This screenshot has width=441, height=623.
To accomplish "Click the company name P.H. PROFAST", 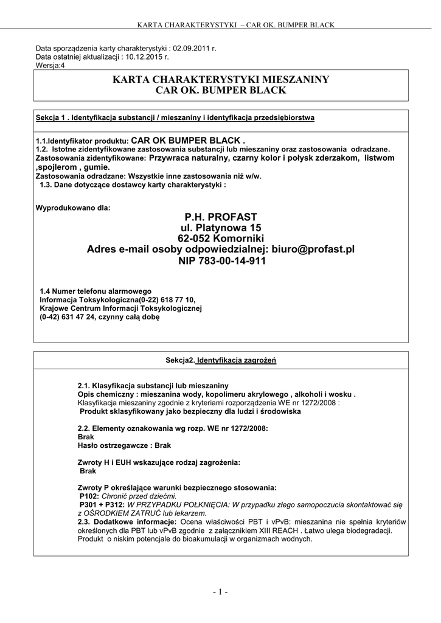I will pyautogui.click(x=220, y=217).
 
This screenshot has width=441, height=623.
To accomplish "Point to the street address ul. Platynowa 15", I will pyautogui.click(x=220, y=227).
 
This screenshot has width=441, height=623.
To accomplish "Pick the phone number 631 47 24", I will pyautogui.click(x=76, y=317).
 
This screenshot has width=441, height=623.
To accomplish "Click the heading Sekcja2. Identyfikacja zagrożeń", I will pyautogui.click(x=221, y=360).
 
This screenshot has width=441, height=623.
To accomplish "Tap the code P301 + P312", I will pyautogui.click(x=102, y=505).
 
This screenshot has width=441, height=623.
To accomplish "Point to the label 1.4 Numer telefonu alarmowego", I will pyautogui.click(x=95, y=291).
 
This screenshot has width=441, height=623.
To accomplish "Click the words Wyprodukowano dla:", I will pyautogui.click(x=74, y=207).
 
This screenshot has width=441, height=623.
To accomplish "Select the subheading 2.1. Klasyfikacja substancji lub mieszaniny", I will pyautogui.click(x=153, y=386).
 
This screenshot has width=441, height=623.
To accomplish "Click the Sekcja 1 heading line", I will pyautogui.click(x=175, y=117).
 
